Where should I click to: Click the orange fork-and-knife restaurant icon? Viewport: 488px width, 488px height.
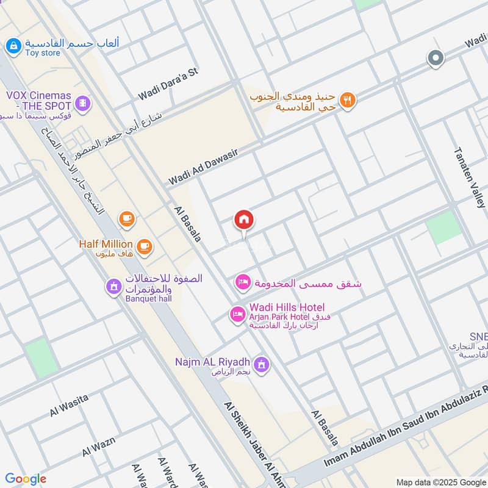tap(347, 100)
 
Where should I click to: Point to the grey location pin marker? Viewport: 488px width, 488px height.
tap(436, 59)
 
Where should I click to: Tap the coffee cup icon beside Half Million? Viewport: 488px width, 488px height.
tap(144, 245)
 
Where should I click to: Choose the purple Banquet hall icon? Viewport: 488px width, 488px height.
tap(113, 286)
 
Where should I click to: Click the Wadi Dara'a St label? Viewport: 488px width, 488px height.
tap(168, 84)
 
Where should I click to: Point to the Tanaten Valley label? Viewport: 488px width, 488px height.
tap(470, 178)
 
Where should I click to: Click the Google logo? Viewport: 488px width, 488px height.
tap(26, 479)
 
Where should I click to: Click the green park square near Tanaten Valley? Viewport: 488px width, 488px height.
tap(443, 227)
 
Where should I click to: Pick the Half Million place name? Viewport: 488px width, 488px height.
tap(106, 244)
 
